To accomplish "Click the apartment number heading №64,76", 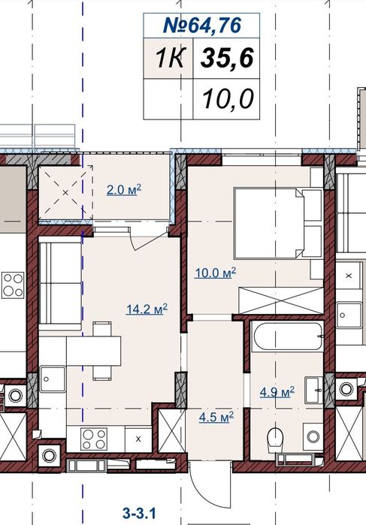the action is click(201, 26).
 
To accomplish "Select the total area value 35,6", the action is click(226, 58).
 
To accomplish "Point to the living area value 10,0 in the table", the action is click(228, 99).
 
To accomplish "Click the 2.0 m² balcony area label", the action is click(124, 189).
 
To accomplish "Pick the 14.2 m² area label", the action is click(147, 309).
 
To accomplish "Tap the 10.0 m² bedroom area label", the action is click(216, 273).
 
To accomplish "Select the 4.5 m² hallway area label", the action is click(216, 417).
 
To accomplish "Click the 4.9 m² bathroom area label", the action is click(277, 392).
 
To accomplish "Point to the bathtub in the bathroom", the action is click(287, 336).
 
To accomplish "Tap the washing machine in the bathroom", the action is click(313, 436).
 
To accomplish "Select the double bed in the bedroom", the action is click(278, 222).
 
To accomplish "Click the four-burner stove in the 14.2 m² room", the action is click(94, 439).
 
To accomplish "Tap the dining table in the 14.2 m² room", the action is click(93, 351).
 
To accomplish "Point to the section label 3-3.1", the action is click(140, 513).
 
